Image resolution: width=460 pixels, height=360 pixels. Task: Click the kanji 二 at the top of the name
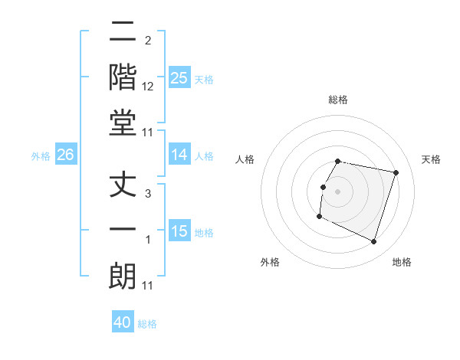click(123, 34)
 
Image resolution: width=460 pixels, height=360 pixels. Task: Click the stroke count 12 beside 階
click(148, 87)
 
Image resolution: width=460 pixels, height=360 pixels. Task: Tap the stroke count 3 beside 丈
click(148, 195)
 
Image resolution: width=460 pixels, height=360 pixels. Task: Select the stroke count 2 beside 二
click(148, 41)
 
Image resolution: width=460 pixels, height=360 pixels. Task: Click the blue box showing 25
click(179, 77)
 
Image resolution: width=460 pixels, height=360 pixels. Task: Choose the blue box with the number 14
click(179, 155)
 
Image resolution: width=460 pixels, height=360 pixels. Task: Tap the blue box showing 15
click(179, 231)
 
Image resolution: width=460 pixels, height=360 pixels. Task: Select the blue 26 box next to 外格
click(65, 155)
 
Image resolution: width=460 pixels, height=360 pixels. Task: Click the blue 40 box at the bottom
click(123, 322)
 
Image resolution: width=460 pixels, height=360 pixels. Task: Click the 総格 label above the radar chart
click(338, 100)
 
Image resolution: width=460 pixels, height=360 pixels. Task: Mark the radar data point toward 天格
click(396, 172)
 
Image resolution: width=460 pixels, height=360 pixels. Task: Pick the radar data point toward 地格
click(373, 241)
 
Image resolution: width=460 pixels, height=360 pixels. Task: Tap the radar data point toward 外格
click(319, 217)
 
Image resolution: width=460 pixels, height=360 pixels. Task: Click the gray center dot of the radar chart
click(338, 191)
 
